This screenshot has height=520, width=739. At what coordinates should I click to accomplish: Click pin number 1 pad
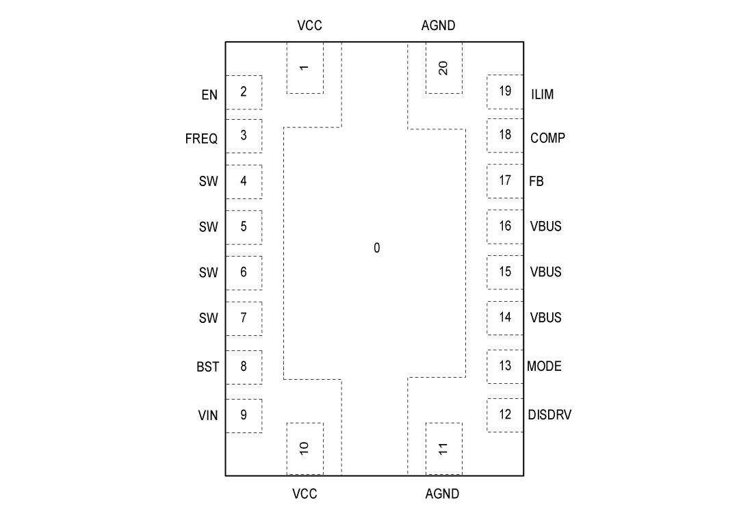click(x=304, y=68)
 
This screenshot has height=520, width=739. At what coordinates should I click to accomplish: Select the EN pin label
click(x=209, y=95)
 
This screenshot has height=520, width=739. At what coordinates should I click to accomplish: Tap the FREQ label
click(x=201, y=139)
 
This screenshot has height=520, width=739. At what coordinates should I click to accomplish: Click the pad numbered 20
click(x=443, y=68)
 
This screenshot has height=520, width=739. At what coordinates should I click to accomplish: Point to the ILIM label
click(x=543, y=94)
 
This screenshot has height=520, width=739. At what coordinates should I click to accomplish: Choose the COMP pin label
click(x=547, y=138)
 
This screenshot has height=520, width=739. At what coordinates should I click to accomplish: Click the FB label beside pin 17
click(x=536, y=181)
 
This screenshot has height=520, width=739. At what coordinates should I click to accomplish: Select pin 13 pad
click(x=505, y=365)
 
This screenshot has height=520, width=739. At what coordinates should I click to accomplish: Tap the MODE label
click(x=544, y=366)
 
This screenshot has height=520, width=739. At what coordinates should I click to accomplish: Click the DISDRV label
click(x=549, y=415)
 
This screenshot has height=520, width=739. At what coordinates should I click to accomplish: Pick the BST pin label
click(x=208, y=367)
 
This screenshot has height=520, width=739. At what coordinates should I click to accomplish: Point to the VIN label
click(x=208, y=415)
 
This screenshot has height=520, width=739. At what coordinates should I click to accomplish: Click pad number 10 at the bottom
click(x=304, y=448)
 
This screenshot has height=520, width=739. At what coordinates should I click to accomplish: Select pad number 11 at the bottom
click(x=443, y=448)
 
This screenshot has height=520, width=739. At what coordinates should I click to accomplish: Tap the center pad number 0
click(x=376, y=248)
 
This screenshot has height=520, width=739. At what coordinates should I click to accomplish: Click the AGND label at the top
click(x=438, y=26)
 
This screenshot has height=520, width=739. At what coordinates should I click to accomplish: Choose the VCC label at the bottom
click(x=304, y=493)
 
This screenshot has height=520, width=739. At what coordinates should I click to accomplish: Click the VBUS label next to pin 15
click(x=545, y=272)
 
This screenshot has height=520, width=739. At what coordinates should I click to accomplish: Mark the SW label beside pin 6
click(x=208, y=272)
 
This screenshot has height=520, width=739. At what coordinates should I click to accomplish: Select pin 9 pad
click(x=244, y=415)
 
